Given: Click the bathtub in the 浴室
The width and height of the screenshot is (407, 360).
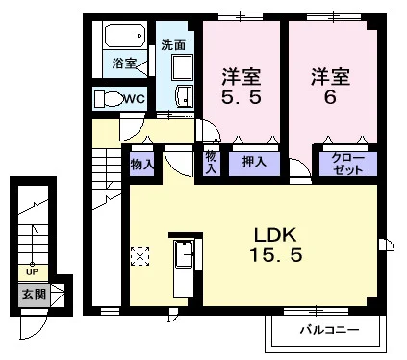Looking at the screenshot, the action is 125,36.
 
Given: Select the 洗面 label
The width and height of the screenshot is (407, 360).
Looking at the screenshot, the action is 173,45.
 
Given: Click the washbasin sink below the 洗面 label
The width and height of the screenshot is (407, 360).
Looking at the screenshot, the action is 185,95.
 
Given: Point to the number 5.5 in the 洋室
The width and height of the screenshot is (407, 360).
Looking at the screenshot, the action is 242,96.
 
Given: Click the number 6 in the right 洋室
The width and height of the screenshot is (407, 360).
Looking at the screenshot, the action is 330,96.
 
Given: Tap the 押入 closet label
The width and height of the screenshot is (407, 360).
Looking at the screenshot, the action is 254,162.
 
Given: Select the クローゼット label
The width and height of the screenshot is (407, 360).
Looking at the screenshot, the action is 348,164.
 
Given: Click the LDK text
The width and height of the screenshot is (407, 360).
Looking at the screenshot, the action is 275,235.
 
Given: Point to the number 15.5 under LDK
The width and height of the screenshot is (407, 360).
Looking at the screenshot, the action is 276,255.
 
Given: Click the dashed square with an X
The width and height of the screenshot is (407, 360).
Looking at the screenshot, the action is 140,256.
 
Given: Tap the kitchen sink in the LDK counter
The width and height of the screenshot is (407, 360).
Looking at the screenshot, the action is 184,254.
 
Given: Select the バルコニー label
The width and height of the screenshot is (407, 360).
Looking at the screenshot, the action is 330,330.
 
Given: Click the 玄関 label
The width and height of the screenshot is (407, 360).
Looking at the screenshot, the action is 34,295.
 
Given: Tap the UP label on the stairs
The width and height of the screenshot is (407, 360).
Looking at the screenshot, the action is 32,272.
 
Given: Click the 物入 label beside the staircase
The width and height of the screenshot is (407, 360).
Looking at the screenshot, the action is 142,165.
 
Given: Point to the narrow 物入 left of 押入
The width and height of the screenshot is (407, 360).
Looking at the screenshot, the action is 211,163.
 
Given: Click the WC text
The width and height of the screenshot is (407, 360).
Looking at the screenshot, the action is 135,98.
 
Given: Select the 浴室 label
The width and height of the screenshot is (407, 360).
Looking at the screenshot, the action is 124,63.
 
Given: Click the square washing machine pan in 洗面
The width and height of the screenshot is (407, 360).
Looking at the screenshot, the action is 182,67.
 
